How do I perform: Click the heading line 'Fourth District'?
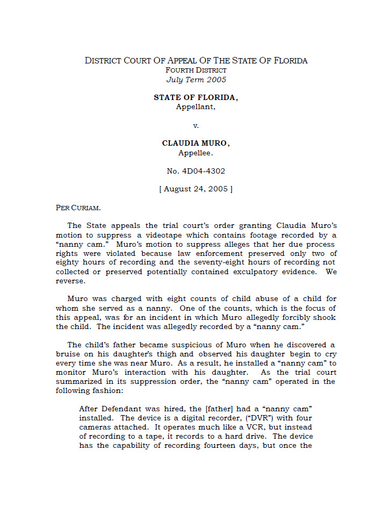196,70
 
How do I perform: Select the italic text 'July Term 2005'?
196,80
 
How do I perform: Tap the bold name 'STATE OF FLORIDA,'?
196,98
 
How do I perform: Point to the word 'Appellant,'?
196,106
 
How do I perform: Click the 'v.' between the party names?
196,126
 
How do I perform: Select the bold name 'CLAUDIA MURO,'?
196,144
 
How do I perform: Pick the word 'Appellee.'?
196,153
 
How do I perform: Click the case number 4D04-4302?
196,171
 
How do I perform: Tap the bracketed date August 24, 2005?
196,189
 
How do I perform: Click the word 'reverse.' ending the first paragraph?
70,281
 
